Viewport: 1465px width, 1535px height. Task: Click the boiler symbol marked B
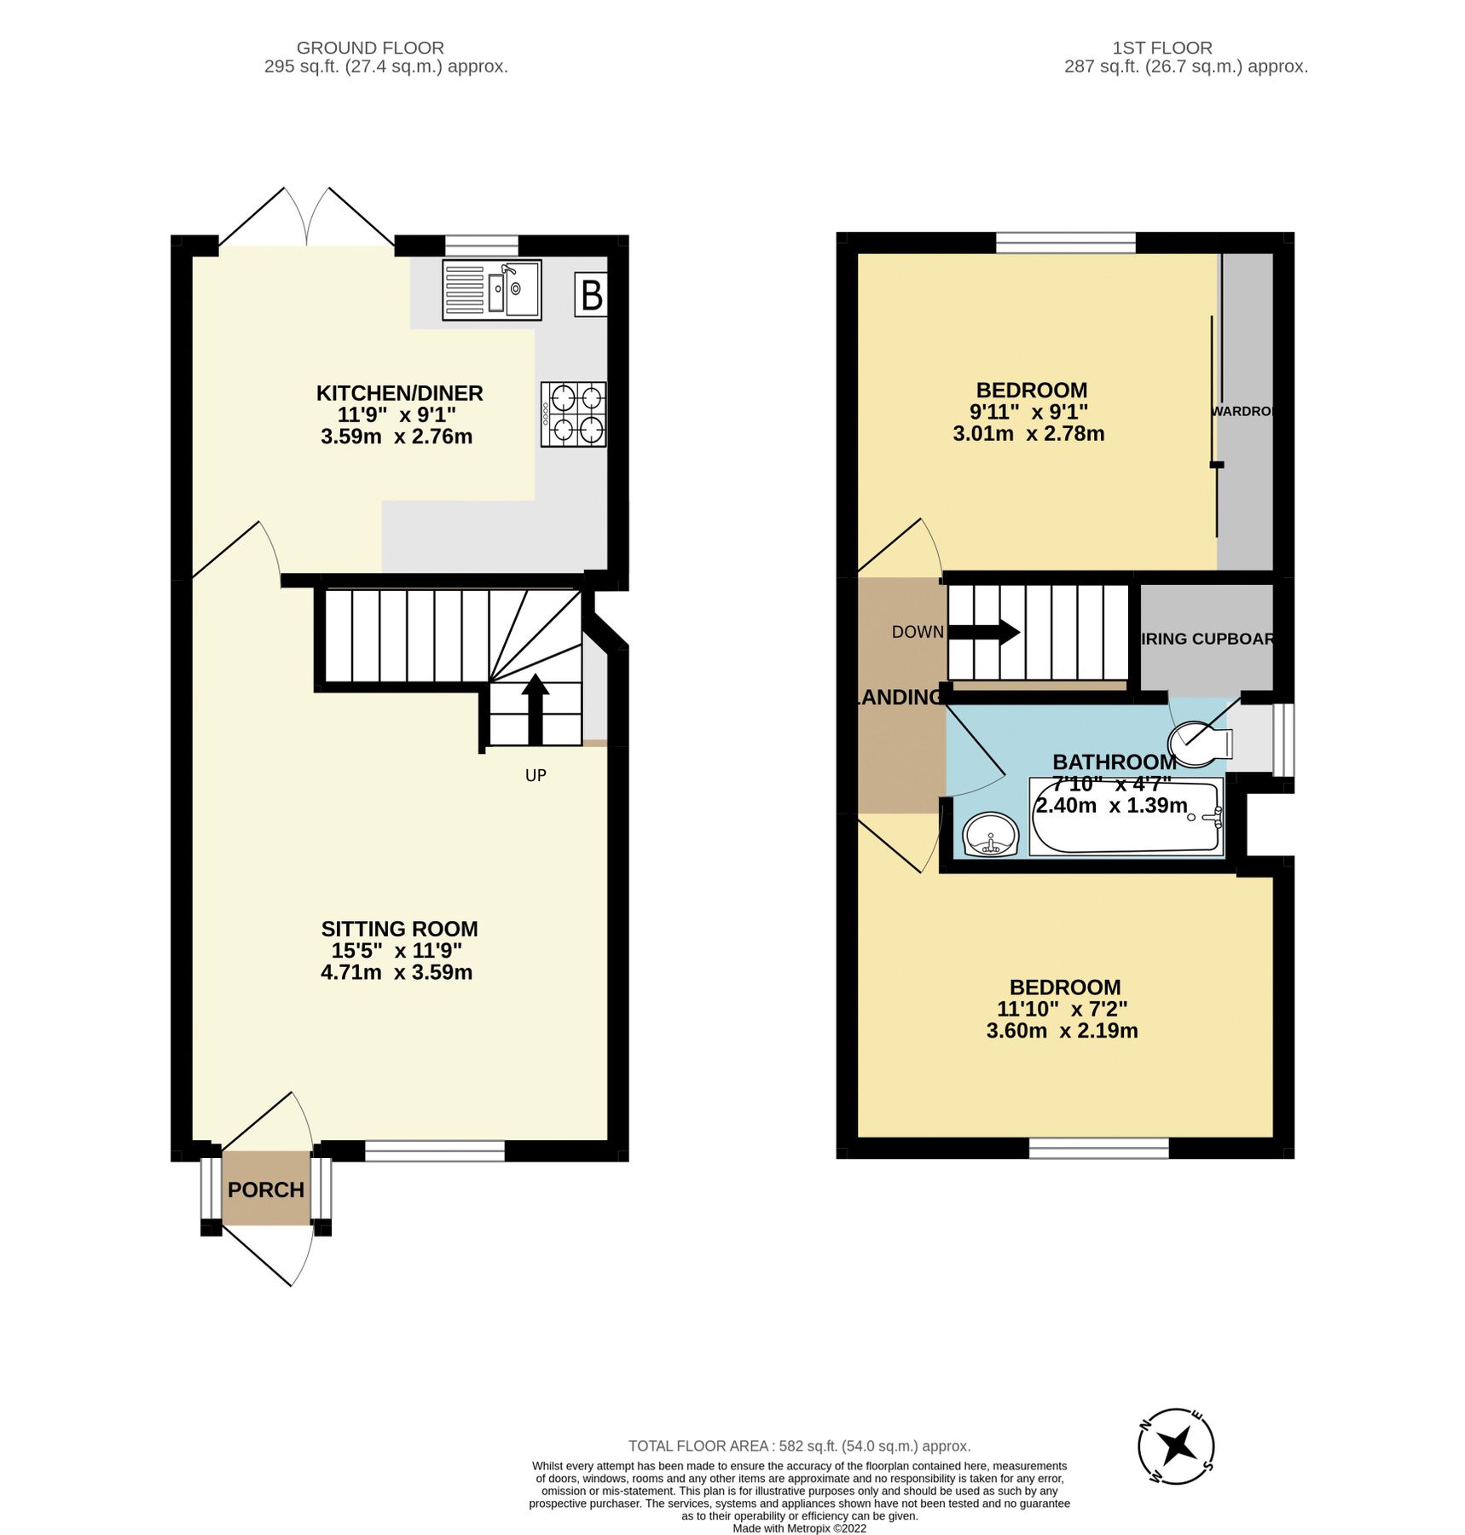click(x=591, y=295)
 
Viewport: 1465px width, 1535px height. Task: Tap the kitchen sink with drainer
click(x=492, y=291)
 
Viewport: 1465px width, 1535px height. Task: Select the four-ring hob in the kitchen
click(x=573, y=414)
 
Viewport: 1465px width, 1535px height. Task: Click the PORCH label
click(x=266, y=1190)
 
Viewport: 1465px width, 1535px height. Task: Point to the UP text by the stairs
click(x=536, y=775)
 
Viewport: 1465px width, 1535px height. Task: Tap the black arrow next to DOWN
click(x=983, y=632)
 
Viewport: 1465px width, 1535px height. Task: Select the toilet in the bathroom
click(x=1202, y=743)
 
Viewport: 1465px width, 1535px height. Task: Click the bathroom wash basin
click(x=990, y=833)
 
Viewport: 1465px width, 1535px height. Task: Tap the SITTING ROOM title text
click(x=399, y=929)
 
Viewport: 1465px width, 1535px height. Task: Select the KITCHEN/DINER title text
click(x=399, y=393)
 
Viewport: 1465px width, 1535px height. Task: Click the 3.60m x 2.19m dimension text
click(x=1062, y=1030)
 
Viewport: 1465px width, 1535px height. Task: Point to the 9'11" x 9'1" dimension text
click(x=1029, y=412)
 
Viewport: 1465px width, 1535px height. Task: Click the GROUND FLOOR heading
click(x=370, y=48)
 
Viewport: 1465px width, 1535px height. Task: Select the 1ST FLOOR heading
click(x=1185, y=48)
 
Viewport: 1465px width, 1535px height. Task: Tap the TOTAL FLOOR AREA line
click(x=799, y=1446)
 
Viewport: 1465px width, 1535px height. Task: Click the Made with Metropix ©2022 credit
click(x=799, y=1528)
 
